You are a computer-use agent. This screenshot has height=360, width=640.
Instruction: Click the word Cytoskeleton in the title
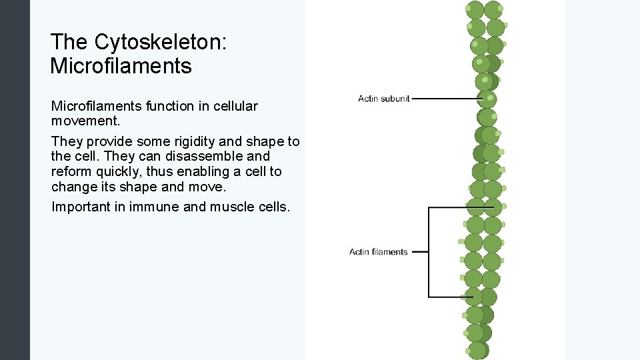(x=161, y=42)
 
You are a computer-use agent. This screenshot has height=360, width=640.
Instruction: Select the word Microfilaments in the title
(x=121, y=66)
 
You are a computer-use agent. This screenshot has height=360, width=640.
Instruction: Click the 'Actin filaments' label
(x=378, y=252)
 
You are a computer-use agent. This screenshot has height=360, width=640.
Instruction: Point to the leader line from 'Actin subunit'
(x=445, y=99)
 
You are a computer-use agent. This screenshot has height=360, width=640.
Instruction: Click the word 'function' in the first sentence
(x=176, y=106)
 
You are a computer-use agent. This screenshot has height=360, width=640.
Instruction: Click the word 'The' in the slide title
(x=69, y=42)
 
